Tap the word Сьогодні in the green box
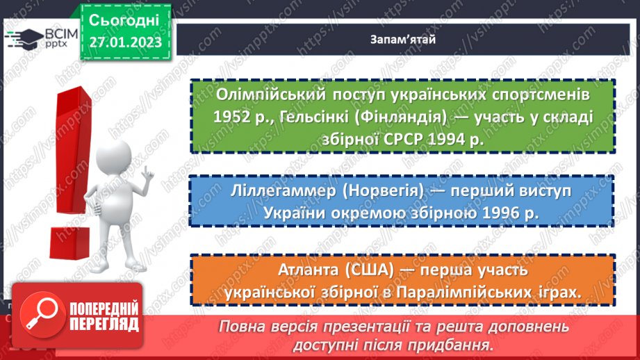point(124,19)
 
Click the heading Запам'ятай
point(402,39)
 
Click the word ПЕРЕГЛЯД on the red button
point(105,324)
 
